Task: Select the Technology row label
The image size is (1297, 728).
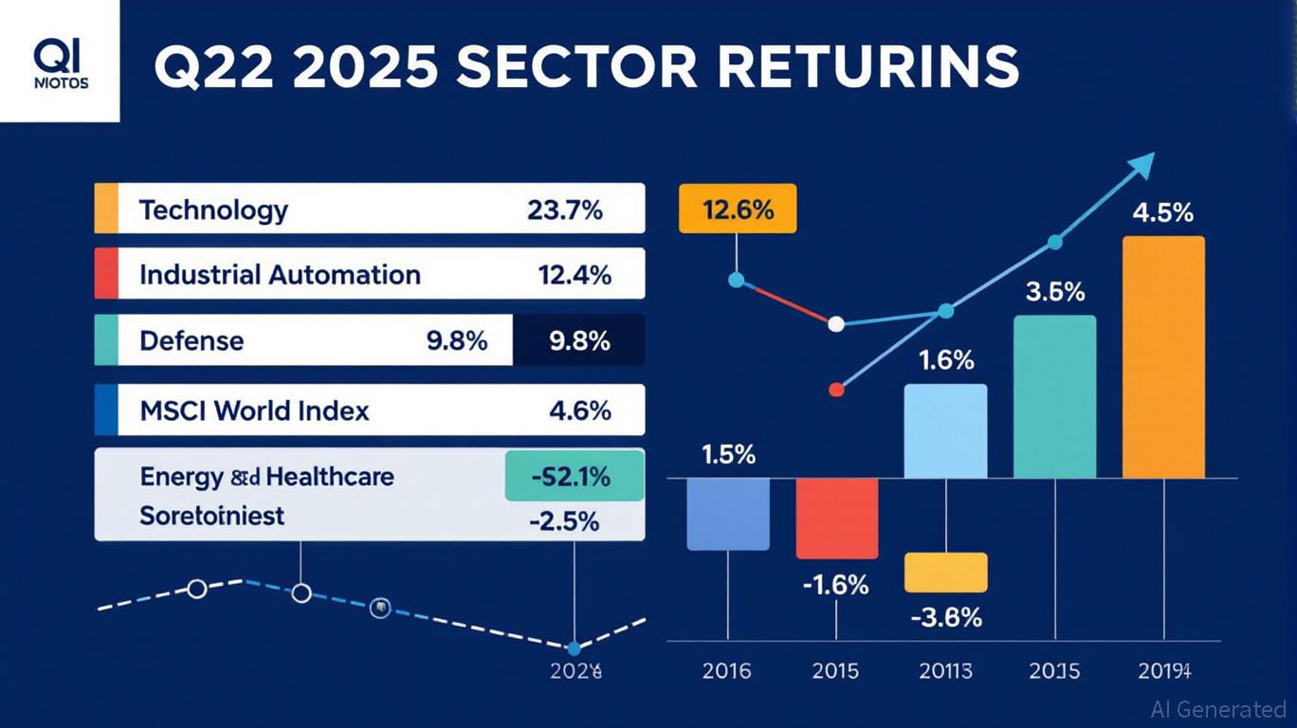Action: pos(213,209)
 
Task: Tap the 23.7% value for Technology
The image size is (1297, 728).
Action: pos(565,209)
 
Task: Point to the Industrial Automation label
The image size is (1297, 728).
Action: pos(280,275)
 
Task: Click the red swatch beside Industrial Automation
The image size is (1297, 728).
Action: pos(105,275)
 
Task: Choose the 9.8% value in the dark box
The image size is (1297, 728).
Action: pos(579,341)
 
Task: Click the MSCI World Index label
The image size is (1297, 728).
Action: pos(254,410)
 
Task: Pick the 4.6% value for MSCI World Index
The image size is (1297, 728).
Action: pos(579,410)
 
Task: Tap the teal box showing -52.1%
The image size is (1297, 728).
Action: pos(574,476)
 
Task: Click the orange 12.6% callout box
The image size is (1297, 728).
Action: pos(738,209)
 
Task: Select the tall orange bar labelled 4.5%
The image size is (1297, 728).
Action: pos(1163,357)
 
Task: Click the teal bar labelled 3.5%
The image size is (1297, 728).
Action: pos(1054,397)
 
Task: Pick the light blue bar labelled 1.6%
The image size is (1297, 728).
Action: pos(945,431)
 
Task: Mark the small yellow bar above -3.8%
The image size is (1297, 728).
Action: pos(945,573)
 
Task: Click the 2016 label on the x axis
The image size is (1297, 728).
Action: pos(726,671)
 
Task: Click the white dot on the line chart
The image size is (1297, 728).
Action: pos(835,324)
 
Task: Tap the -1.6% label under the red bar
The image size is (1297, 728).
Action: pos(835,586)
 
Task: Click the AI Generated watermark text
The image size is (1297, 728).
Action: pos(1218,708)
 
